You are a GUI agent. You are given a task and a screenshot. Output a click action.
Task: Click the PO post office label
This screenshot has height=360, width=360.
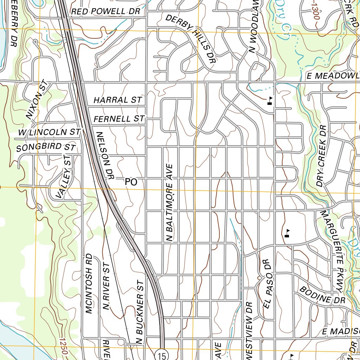point(130,182)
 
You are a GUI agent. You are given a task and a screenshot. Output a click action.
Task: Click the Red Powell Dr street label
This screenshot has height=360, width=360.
point(105,12)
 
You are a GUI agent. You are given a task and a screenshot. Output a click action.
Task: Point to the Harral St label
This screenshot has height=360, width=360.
point(117,100)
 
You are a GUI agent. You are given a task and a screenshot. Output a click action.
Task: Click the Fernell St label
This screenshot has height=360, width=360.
point(119,119)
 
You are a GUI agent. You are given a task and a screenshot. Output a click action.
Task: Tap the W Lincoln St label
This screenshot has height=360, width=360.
point(50,133)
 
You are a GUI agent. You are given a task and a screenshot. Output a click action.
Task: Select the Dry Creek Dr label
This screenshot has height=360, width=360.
point(322,156)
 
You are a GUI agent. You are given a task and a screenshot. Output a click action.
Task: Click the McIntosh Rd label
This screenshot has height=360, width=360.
point(88,283)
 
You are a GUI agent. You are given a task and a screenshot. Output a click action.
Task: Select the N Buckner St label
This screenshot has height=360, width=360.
point(140,311)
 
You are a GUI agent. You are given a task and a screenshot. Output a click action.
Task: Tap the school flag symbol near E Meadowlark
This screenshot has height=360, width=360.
point(270,101)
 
